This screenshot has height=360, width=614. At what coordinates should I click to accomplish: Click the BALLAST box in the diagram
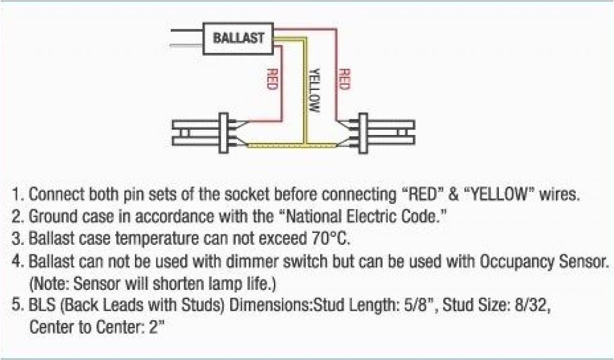[x=238, y=38]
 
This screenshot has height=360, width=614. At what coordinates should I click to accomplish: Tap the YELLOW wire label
[x=314, y=91]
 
